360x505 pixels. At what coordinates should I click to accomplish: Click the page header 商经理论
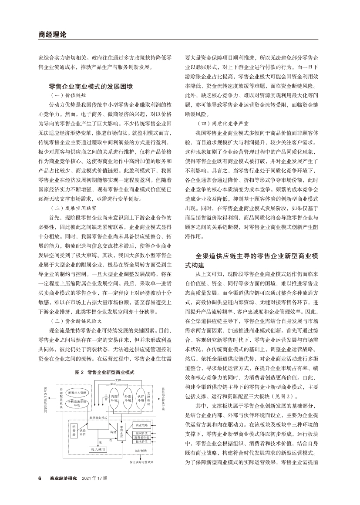point(52,34)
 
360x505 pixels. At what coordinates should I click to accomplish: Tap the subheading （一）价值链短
point(65,94)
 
